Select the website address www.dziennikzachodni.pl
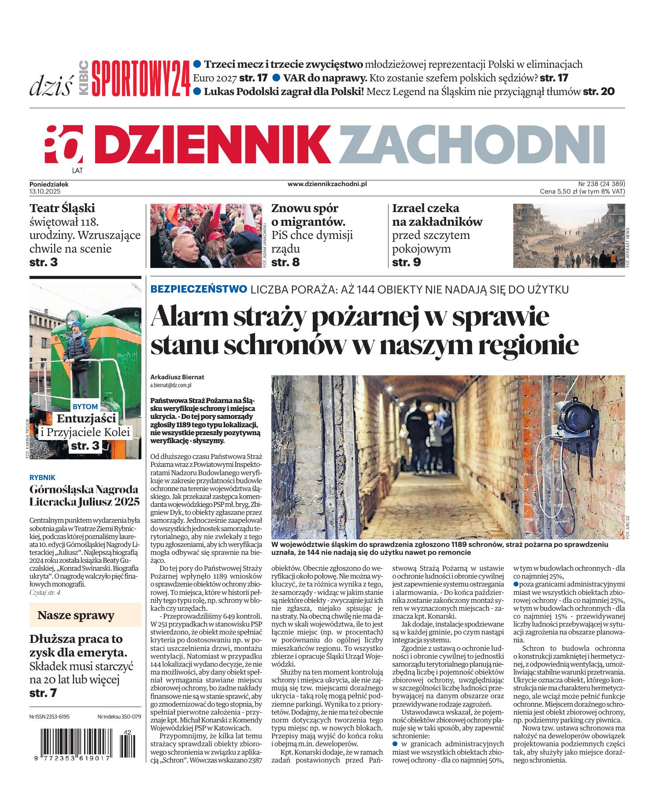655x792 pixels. click(327, 184)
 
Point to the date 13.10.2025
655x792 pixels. click(45, 191)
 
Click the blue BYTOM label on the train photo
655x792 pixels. click(85, 407)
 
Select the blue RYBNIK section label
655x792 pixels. click(42, 477)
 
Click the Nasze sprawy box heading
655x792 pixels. click(76, 615)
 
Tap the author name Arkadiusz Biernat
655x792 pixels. click(178, 377)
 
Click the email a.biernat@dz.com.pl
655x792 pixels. click(171, 385)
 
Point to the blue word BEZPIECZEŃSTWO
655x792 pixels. click(198, 290)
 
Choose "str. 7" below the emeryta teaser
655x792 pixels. click(43, 693)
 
